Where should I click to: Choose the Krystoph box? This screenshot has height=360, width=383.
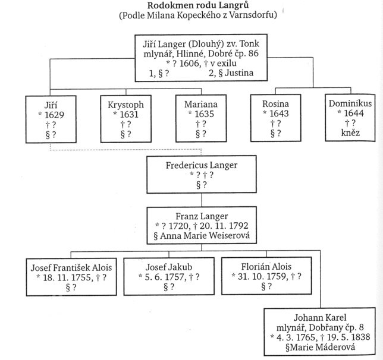[x=126, y=119]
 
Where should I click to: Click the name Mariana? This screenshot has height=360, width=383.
[x=202, y=104]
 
